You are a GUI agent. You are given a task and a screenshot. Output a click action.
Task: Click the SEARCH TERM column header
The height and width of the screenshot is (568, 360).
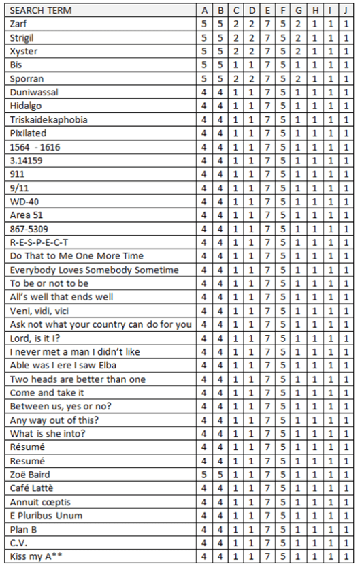42,11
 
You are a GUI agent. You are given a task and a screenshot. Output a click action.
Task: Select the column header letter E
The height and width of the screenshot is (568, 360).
267,11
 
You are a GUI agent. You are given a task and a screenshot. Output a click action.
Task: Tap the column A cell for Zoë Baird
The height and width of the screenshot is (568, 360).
204,474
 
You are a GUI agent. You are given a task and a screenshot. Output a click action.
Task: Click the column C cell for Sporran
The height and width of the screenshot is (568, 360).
236,79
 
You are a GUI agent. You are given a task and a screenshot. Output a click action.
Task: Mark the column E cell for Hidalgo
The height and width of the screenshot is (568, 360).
267,106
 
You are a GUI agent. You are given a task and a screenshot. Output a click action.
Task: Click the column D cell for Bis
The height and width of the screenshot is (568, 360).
252,65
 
